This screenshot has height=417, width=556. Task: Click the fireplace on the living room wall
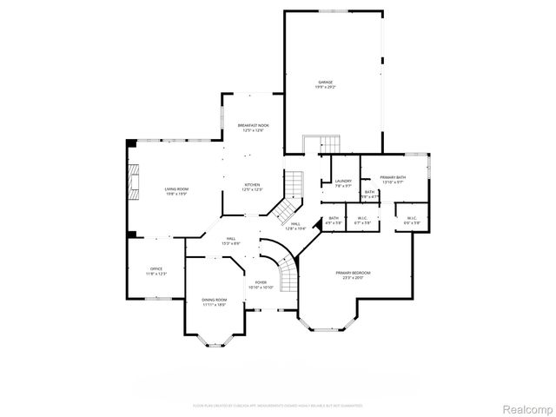point(132,182)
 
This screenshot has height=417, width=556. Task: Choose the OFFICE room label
point(156,271)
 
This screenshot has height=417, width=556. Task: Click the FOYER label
point(261,284)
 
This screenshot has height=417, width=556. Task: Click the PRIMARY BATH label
point(393,179)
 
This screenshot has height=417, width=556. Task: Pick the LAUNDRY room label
point(343,182)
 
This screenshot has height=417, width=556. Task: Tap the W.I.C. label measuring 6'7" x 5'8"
point(362,221)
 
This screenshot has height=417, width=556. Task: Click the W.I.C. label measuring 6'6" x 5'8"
point(410,221)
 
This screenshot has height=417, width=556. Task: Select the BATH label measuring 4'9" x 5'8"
point(334,221)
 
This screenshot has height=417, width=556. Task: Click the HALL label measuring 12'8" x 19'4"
point(295,226)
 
